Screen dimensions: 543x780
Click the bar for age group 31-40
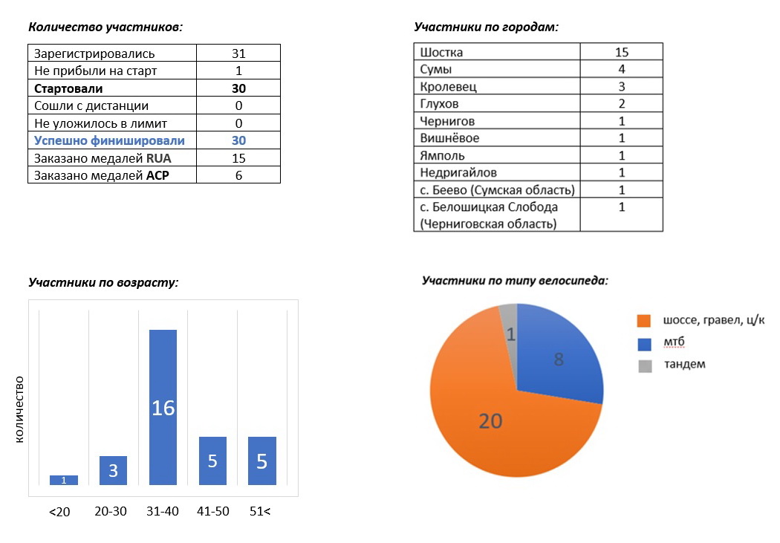163,407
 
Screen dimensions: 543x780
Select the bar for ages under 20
64,480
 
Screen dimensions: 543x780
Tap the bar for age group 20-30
113,470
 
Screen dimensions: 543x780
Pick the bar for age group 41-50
212,461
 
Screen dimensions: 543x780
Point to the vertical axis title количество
20,409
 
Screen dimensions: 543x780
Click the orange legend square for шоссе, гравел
644,321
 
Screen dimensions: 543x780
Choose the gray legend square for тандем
644,365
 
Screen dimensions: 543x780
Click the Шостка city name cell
442,52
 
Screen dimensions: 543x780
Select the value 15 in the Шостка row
622,52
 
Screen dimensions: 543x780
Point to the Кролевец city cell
449,86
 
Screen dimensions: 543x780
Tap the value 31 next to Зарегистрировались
238,53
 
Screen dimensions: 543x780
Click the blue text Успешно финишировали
109,140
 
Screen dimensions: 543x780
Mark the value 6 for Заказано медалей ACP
238,175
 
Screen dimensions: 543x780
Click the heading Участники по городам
485,27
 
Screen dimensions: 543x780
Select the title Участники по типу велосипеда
515,281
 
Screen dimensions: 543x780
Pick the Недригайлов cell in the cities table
458,172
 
